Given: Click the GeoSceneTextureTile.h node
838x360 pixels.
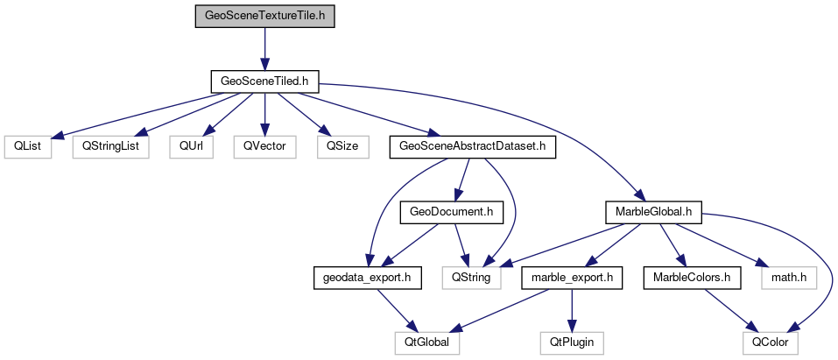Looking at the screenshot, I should [x=264, y=16].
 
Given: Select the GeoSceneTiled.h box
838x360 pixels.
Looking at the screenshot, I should [x=264, y=81].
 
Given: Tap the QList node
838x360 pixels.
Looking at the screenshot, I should [x=27, y=146].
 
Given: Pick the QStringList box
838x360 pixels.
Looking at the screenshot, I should [x=110, y=146].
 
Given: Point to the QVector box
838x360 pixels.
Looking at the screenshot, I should [x=264, y=146].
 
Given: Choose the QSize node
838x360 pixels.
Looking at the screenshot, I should [x=342, y=146].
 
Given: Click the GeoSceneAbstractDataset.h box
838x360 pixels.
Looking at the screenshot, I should [x=473, y=146].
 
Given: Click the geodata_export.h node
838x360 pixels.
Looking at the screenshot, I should [x=368, y=278].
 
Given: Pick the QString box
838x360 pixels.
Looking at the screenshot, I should [x=473, y=278].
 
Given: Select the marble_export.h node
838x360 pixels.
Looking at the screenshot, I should [x=572, y=278].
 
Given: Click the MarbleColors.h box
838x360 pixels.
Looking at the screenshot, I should [x=692, y=278].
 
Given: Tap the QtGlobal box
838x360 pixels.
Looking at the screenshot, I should [x=426, y=342].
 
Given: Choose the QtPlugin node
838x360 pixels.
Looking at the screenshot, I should [x=572, y=342].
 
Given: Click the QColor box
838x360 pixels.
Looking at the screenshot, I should [x=771, y=342].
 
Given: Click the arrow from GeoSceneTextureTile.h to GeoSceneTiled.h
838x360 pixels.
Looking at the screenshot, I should [x=264, y=48].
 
